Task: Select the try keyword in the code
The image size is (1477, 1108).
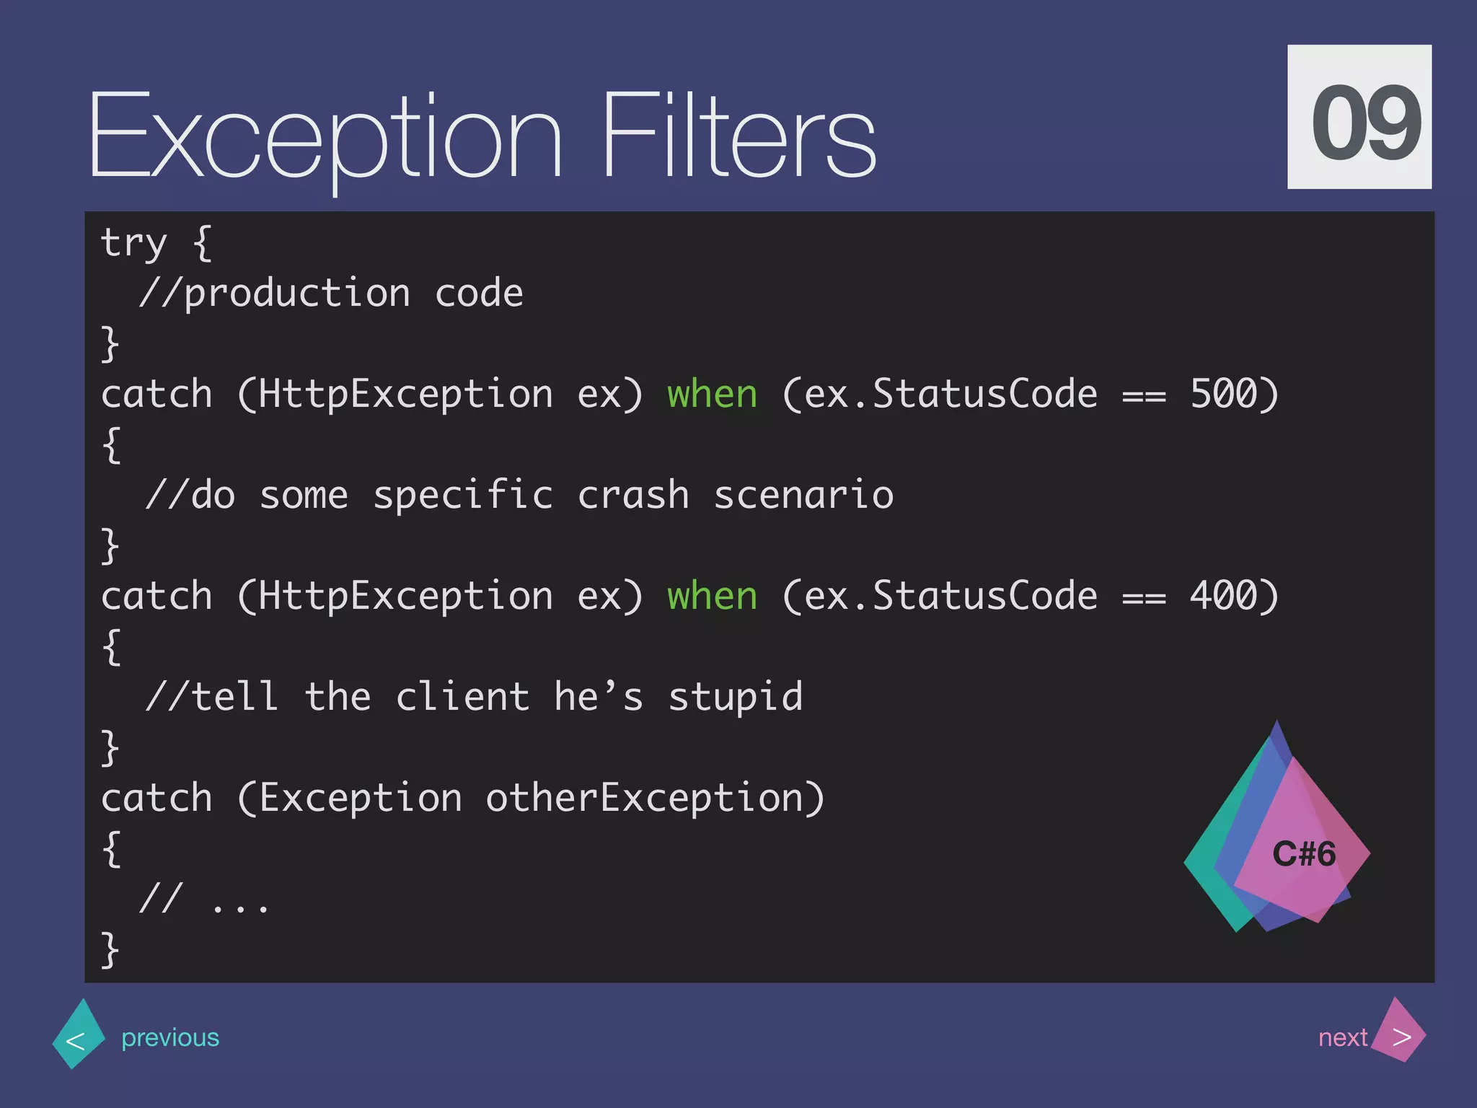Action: pos(134,244)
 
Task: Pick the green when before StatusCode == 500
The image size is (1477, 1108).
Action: pos(712,395)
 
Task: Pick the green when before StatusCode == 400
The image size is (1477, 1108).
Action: pos(712,597)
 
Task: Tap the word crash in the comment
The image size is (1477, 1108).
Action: pos(633,496)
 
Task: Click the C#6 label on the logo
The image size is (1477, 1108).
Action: pos(1304,854)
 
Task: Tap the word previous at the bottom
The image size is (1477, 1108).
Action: pos(170,1037)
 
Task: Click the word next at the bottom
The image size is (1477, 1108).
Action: pos(1342,1037)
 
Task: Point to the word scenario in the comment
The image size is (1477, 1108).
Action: pos(803,496)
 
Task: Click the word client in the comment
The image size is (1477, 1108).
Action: pos(462,698)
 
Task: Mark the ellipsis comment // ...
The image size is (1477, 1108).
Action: pos(205,900)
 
